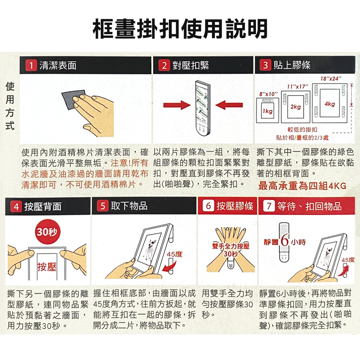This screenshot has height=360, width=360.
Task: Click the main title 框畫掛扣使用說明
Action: click(x=180, y=29)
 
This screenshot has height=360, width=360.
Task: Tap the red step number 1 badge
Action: click(x=31, y=65)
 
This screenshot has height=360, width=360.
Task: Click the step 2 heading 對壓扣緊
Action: click(x=191, y=66)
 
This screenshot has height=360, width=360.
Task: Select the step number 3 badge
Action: click(x=265, y=65)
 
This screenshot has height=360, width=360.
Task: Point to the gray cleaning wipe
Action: click(x=73, y=100)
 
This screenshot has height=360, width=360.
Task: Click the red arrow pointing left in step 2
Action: click(x=229, y=105)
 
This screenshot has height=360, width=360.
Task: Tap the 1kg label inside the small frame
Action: click(x=267, y=111)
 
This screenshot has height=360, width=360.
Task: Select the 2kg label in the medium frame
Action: click(x=296, y=107)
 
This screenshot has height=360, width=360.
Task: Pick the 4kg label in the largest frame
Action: click(x=330, y=104)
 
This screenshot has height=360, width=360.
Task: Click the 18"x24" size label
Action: click(x=331, y=79)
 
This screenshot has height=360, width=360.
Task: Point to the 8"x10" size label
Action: click(x=269, y=94)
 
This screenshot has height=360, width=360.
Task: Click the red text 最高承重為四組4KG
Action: click(x=302, y=186)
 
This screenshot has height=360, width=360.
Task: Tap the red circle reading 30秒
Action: click(x=47, y=231)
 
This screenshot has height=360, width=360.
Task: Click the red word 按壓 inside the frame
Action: click(x=47, y=267)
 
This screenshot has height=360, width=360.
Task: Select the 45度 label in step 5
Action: click(x=175, y=254)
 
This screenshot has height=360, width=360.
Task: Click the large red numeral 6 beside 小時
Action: click(x=285, y=240)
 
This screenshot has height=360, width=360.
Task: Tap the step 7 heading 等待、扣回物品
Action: click(x=310, y=206)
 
